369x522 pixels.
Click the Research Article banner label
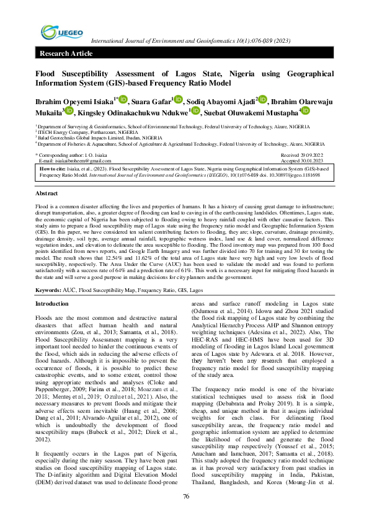[66, 54]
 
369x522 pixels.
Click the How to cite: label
[53, 168]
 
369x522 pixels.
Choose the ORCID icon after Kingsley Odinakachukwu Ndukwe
[196, 112]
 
